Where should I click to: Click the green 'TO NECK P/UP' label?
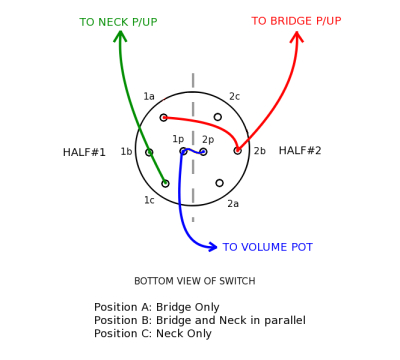tap(118, 22)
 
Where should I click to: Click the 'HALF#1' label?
tap(84, 153)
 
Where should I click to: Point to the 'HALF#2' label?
tap(300, 151)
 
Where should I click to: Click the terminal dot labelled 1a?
tap(164, 117)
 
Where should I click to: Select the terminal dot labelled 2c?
tap(217, 117)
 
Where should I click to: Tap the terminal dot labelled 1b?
tap(149, 152)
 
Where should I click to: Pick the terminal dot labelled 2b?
tap(238, 151)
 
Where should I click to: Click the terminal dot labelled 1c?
tap(166, 183)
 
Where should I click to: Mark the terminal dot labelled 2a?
tap(219, 183)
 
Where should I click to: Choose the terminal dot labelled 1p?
tap(183, 151)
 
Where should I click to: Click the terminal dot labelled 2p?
tap(203, 152)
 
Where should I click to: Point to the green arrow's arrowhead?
tap(121, 36)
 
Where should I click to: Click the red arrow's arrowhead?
tap(296, 37)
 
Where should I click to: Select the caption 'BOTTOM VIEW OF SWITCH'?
tap(194, 281)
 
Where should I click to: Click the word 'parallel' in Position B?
tap(309, 320)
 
